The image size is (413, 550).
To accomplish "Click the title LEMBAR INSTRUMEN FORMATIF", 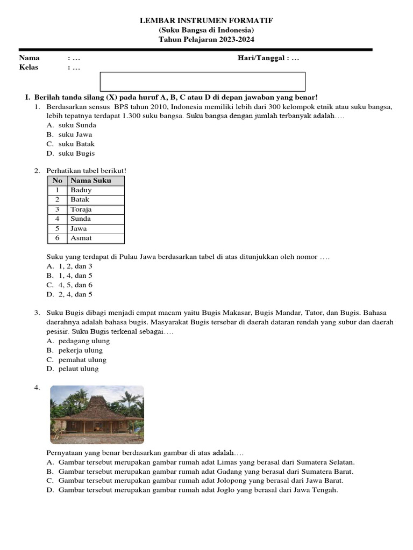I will tap(206, 20).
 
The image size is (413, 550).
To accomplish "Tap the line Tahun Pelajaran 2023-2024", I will tap(206, 39).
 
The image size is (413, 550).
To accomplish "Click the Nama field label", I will tap(30, 58).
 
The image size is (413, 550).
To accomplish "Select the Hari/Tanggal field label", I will tap(262, 58).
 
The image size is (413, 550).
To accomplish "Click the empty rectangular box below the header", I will tap(203, 82).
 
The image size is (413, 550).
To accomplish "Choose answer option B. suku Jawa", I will tap(75, 134).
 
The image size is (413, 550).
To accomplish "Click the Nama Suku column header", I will tap(90, 180).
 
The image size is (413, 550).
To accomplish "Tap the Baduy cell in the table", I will tap(81, 190).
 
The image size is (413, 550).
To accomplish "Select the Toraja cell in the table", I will tap(81, 209).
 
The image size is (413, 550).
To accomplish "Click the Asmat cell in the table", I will tap(81, 238).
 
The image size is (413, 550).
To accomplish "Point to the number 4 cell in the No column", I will tap(57, 219).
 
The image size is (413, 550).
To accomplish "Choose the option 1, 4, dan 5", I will tap(75, 276).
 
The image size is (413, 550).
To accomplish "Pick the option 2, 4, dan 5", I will tap(75, 294).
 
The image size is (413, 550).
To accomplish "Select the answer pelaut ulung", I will tap(79, 369).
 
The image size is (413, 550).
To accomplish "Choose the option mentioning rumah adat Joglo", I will tap(198, 490).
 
